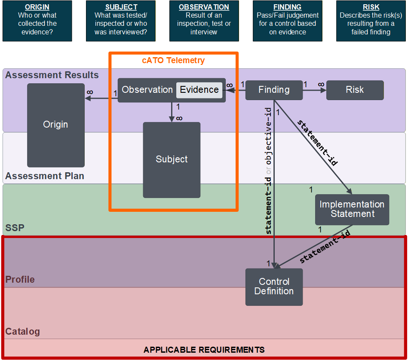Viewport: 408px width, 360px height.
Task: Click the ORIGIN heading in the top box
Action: [37, 7]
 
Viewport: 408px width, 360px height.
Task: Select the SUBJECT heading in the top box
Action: [121, 7]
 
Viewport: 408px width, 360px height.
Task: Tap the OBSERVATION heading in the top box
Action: [204, 7]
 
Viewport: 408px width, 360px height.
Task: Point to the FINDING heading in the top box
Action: [288, 7]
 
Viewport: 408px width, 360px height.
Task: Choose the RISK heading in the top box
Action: [371, 7]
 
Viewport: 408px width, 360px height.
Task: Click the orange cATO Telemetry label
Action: [173, 60]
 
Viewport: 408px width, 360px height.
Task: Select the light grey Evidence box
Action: [199, 90]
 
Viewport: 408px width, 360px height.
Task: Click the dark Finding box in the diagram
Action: [274, 90]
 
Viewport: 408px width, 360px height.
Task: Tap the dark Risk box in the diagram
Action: [355, 90]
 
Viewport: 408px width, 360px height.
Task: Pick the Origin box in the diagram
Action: [56, 125]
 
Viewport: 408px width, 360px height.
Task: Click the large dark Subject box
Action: [172, 160]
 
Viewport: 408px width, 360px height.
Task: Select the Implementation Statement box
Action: [352, 209]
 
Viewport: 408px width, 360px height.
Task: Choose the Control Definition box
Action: [274, 287]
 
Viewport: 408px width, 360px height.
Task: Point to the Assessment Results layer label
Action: [52, 75]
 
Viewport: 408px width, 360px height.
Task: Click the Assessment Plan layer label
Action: [45, 176]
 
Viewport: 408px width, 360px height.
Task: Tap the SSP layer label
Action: [15, 228]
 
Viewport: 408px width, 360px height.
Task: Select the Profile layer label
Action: [20, 279]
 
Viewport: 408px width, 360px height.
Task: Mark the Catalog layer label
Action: [23, 331]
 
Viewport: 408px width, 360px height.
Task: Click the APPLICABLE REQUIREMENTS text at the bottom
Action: [204, 350]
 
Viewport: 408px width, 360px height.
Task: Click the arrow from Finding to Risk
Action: [314, 90]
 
